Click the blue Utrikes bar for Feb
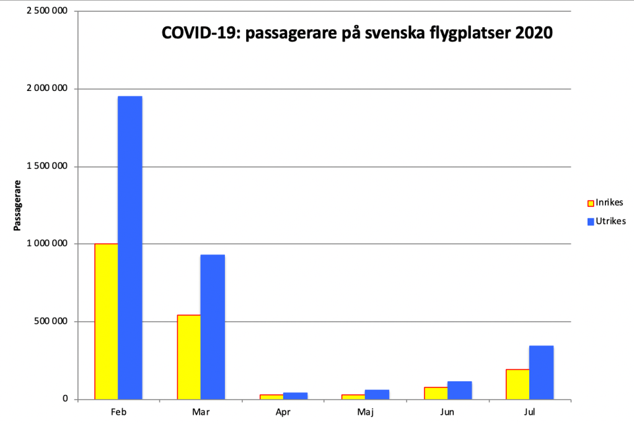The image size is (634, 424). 130,248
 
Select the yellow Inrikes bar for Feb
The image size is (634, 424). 106,321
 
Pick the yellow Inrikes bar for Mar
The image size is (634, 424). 189,357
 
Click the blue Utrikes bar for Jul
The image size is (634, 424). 541,372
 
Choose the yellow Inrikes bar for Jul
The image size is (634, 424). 517,384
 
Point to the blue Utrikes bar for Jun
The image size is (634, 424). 459,390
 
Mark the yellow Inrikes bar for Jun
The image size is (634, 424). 436,393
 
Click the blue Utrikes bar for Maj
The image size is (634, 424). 377,394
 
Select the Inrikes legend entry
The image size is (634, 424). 605,202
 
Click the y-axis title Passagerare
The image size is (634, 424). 18,206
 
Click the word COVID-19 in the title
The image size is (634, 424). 199,33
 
